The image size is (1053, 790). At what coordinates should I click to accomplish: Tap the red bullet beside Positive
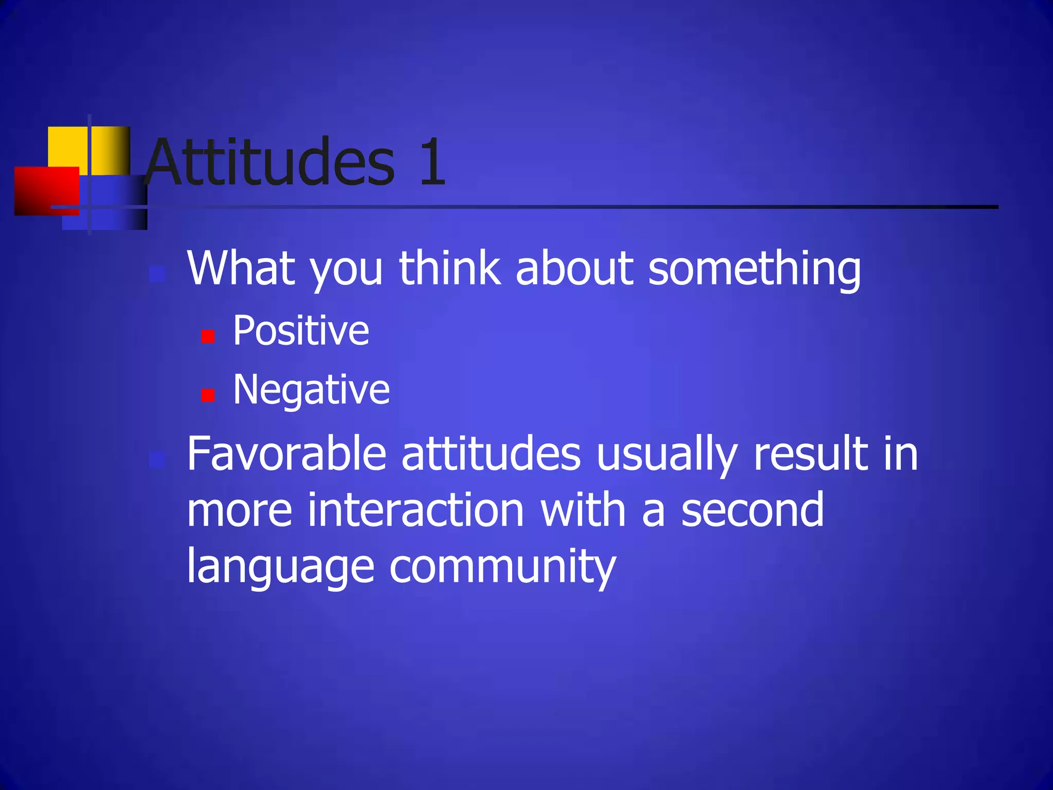click(208, 336)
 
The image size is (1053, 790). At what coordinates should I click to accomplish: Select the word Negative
click(312, 389)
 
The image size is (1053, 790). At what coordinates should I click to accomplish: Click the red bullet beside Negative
click(208, 395)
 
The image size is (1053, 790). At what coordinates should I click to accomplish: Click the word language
click(280, 567)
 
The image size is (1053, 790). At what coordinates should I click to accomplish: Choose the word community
click(502, 567)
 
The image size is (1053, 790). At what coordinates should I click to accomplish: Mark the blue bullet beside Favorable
click(157, 459)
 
